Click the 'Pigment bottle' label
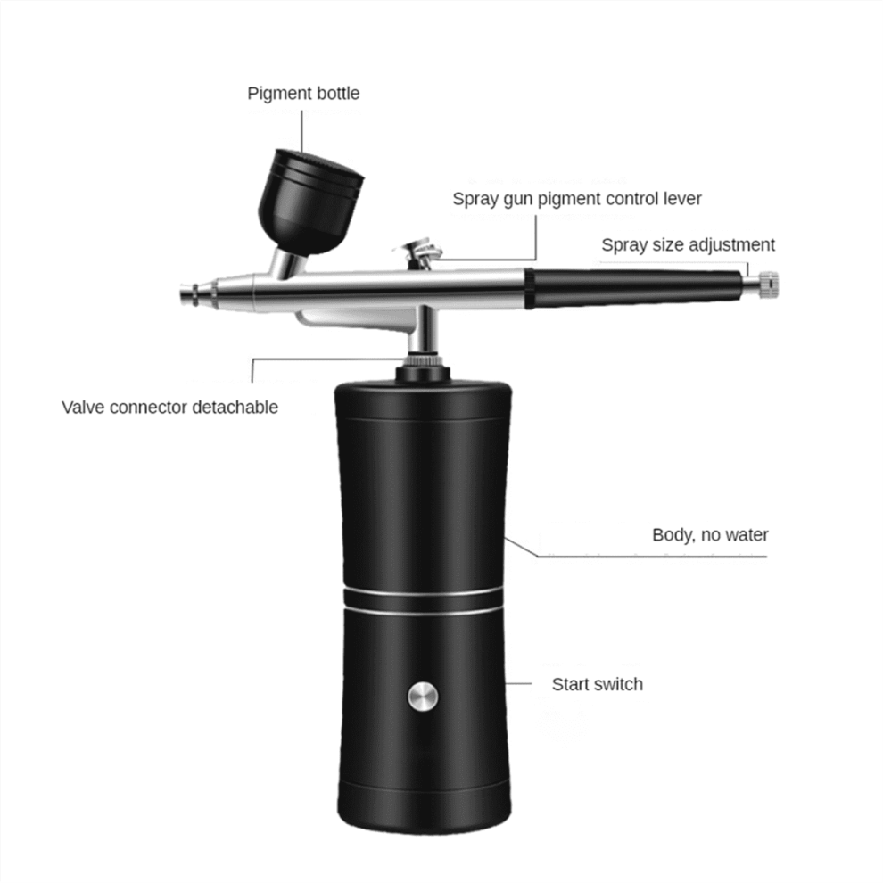point(303,94)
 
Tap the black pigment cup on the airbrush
point(310,202)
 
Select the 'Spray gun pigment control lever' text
point(577,200)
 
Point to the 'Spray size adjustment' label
point(689,245)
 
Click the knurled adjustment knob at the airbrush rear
point(768,284)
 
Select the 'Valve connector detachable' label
point(170,407)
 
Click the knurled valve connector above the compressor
point(423,361)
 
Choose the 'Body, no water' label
point(710,535)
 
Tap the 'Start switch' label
point(598,684)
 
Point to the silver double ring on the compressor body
point(423,601)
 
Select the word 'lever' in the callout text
point(682,199)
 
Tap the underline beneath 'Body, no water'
point(652,557)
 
